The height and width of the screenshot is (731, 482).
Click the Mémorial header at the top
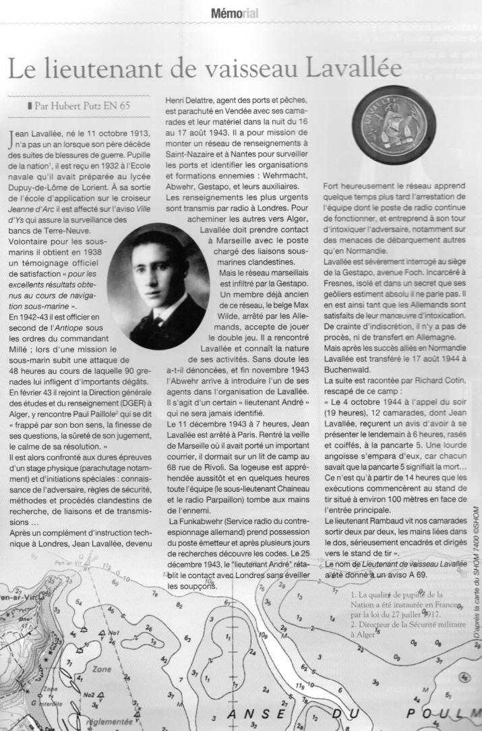234,13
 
